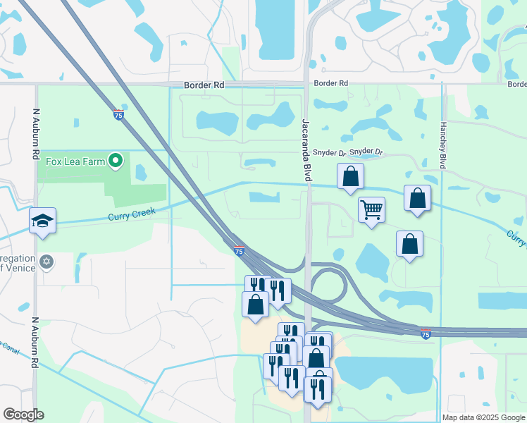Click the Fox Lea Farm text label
[x=75, y=161]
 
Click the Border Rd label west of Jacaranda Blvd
[x=204, y=85]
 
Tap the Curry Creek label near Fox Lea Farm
[x=130, y=212]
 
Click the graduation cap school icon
[x=42, y=221]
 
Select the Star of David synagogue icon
[x=46, y=262]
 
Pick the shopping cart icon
[x=371, y=209]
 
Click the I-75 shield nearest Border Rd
[x=119, y=114]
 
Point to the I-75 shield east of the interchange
[x=426, y=333]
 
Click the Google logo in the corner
[x=23, y=414]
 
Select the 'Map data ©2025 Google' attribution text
[x=483, y=417]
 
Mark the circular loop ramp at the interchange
[x=328, y=285]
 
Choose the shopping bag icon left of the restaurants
[x=255, y=305]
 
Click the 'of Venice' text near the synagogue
[x=15, y=267]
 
